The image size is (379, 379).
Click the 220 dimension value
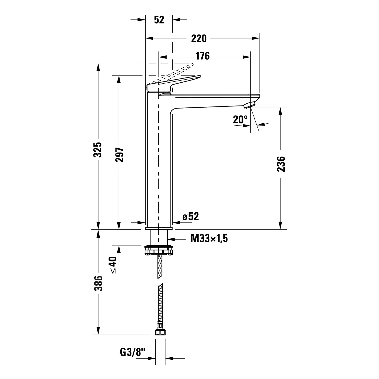pyautogui.click(x=199, y=39)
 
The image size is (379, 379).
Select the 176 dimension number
pyautogui.click(x=203, y=56)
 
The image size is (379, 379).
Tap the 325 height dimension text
pyautogui.click(x=98, y=150)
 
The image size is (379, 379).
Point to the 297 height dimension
pyautogui.click(x=120, y=155)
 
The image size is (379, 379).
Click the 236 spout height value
pyautogui.click(x=281, y=164)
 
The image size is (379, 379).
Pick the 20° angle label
pyautogui.click(x=240, y=120)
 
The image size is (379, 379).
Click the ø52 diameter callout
pyautogui.click(x=191, y=217)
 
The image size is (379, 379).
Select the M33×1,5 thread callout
pyautogui.click(x=209, y=238)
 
